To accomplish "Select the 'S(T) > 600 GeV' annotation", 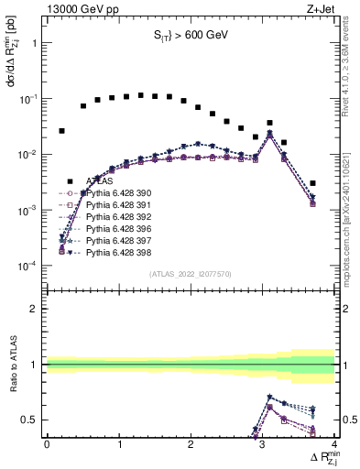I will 190,36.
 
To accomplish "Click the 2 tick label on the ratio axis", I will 35,309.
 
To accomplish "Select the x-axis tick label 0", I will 47,445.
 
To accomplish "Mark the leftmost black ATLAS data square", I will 61,131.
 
